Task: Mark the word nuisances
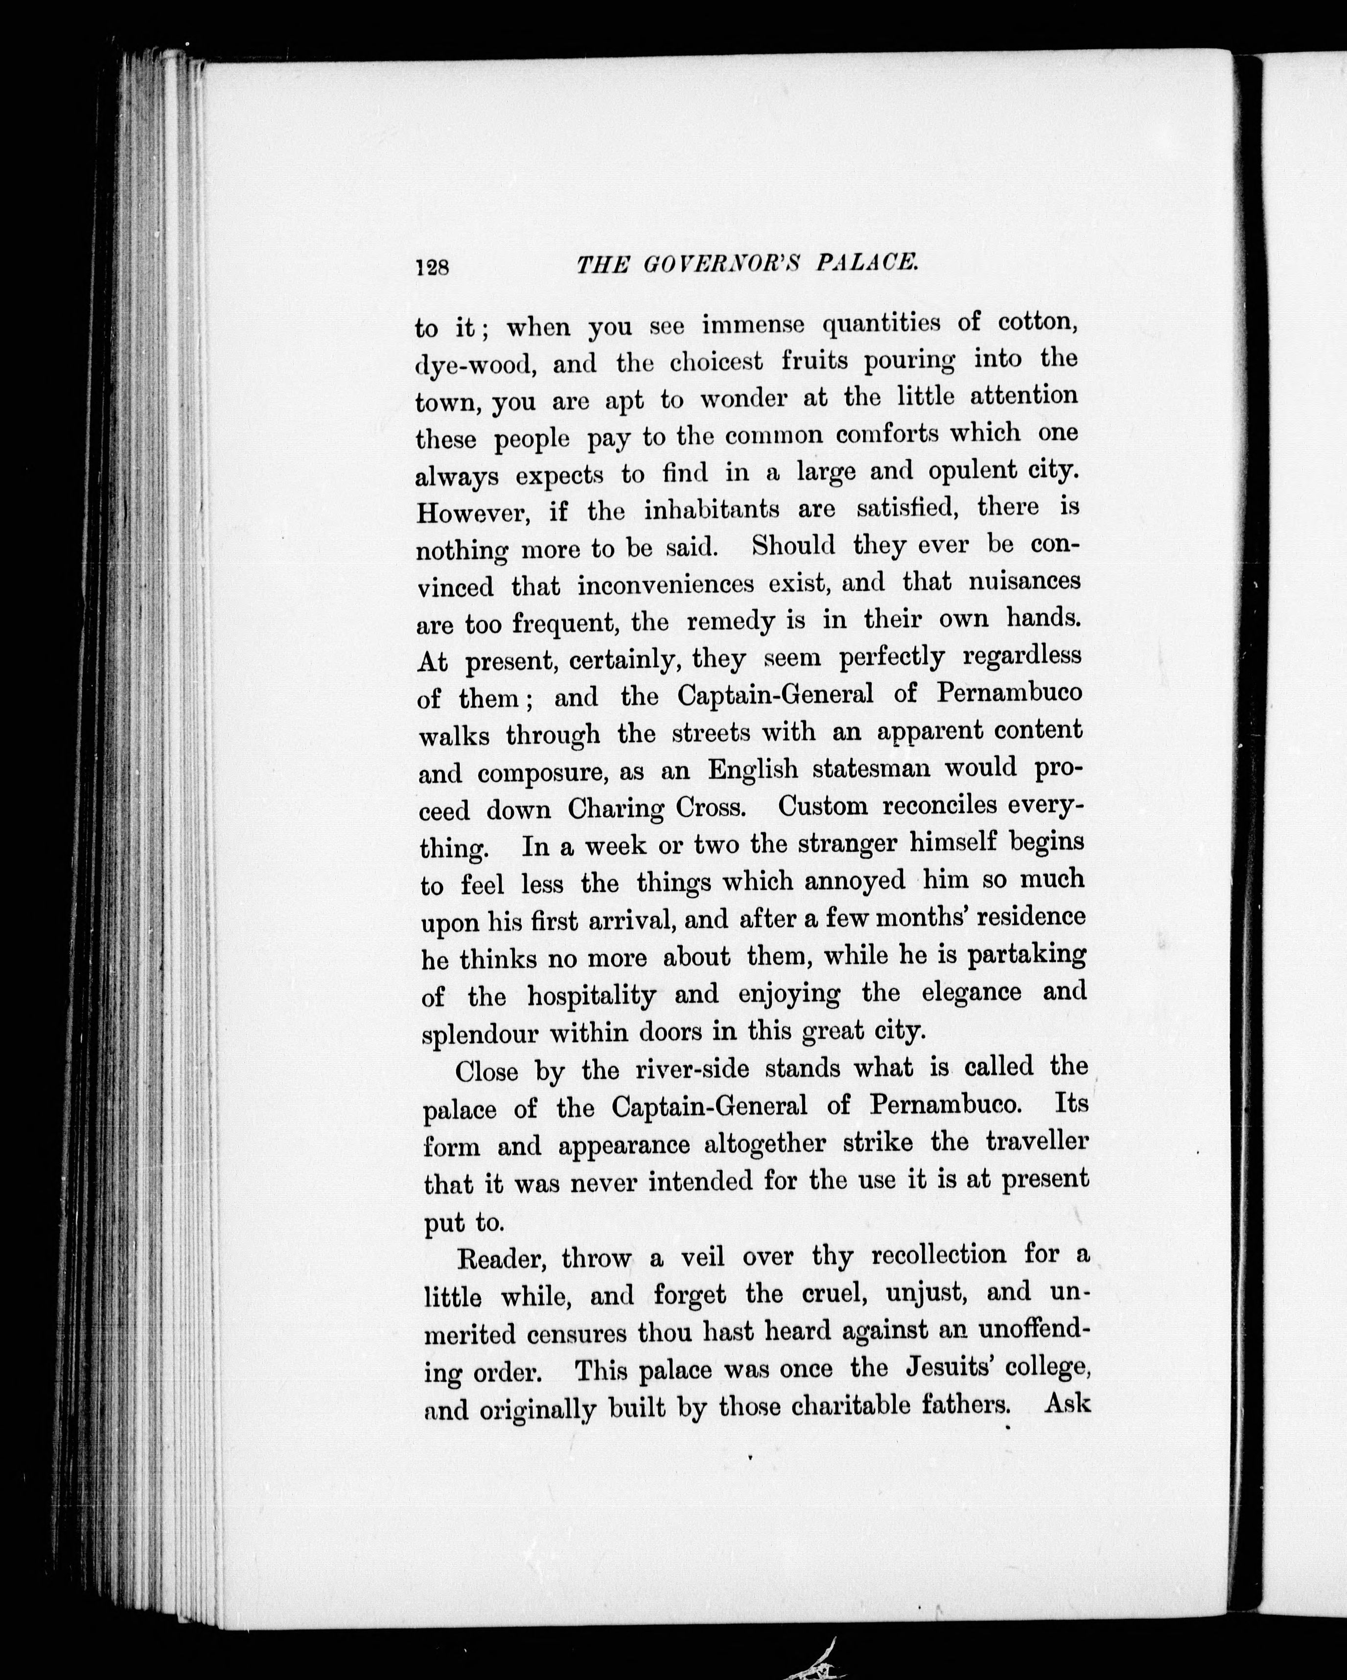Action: tap(1024, 582)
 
